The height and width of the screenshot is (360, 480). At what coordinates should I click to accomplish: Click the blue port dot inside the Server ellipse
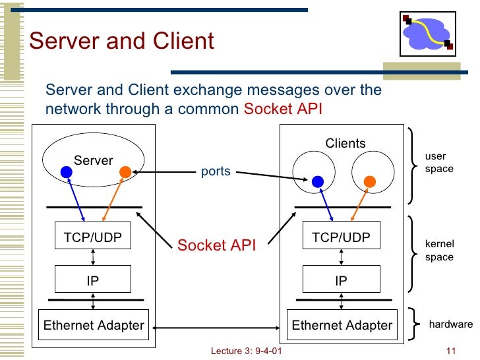click(67, 172)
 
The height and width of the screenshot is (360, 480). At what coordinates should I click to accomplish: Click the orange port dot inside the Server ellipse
click(125, 172)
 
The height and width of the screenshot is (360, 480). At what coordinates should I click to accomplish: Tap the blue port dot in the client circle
click(318, 182)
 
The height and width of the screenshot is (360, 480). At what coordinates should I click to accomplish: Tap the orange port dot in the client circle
click(370, 182)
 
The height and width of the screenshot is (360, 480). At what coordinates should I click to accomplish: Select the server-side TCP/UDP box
click(93, 235)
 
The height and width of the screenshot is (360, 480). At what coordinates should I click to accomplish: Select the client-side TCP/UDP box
click(342, 235)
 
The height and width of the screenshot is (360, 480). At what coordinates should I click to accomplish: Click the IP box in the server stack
click(93, 279)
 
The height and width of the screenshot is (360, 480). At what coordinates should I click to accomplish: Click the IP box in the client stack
click(342, 279)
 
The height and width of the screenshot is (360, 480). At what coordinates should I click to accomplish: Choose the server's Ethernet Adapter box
click(94, 325)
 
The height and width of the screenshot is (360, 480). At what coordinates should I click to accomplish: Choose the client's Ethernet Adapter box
click(342, 325)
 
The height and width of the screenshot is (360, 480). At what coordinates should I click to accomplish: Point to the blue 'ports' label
click(216, 171)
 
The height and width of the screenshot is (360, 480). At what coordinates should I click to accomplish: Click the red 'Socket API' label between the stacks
click(216, 245)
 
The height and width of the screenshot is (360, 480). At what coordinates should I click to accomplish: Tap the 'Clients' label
click(345, 143)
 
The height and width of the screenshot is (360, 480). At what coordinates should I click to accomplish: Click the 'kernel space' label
click(439, 251)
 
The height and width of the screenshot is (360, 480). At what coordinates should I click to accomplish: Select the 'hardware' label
click(450, 324)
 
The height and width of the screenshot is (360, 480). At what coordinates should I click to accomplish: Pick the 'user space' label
click(439, 162)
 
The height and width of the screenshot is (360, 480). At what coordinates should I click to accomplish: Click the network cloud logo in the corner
click(428, 34)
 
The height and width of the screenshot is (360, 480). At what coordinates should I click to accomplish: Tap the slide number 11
click(451, 351)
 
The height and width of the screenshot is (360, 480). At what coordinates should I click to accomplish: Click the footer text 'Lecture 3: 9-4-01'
click(246, 351)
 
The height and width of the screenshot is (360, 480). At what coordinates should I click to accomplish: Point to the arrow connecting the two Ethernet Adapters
click(216, 328)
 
